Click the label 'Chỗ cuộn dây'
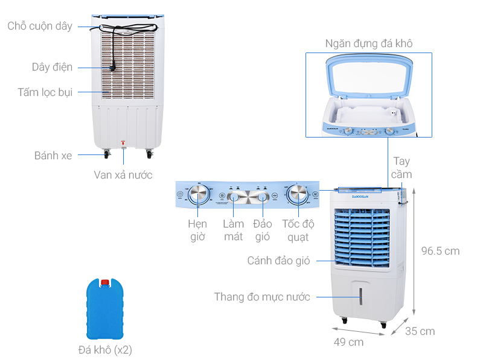pos(40,26)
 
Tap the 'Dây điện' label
pos(52,67)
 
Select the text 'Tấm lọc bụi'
pos(45,92)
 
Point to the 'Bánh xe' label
pos(53,156)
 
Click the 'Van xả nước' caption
pos(123,175)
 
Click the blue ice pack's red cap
pos(105,282)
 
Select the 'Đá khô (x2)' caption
pos(105,350)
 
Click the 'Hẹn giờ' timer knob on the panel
pos(199,194)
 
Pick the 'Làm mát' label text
pos(233,230)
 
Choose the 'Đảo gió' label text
pos(262,230)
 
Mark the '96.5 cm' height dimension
pos(440,251)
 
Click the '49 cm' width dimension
pos(348,342)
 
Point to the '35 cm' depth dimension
pos(420,331)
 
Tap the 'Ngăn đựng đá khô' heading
pos(368,43)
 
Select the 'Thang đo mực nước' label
pos(262,297)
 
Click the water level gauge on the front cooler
pos(361,296)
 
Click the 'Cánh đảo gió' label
pos(278,261)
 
